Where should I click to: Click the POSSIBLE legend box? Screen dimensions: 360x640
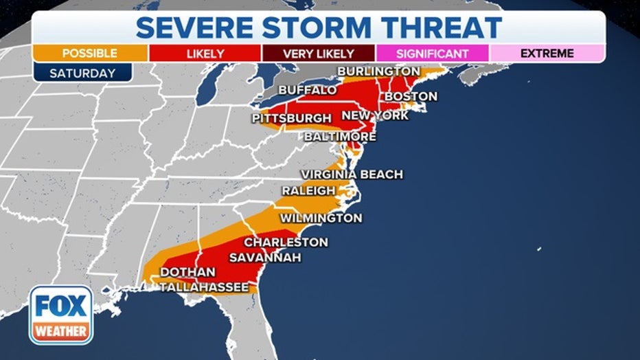89,53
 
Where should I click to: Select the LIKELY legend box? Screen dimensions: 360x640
204,53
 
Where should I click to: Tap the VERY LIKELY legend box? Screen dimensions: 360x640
318,53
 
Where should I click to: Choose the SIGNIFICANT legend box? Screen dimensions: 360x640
432,53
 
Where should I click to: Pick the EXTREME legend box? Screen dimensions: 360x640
547,53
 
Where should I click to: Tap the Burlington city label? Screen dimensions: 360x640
378,71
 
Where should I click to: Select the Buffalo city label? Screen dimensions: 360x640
308,90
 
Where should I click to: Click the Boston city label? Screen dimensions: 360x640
411,96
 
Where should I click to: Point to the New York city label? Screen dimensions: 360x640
375,115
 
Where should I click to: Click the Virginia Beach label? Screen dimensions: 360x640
352,175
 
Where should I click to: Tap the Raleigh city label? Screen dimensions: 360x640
308,190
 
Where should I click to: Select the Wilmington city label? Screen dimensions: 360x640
321,218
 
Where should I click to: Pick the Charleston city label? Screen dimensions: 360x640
286,242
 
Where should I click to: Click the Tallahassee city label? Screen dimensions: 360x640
204,286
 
